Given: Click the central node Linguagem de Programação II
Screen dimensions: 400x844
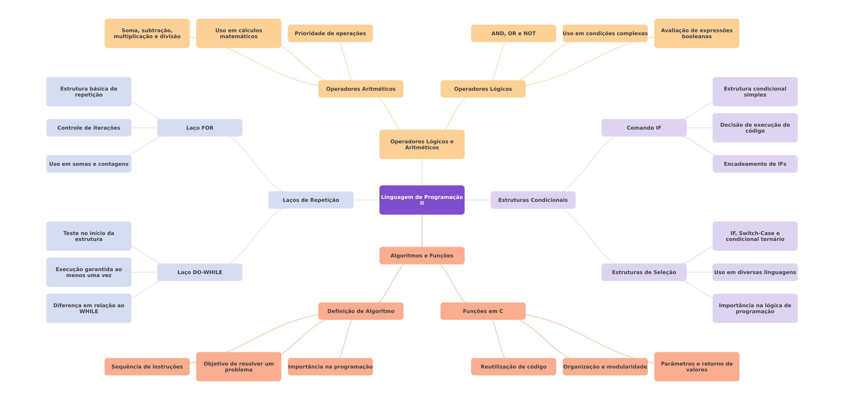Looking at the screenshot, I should [422, 200].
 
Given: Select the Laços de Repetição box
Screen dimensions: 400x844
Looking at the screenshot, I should [311, 200].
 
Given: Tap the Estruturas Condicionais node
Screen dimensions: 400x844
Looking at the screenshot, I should [533, 200].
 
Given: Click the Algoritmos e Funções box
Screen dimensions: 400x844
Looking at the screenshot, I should [422, 256].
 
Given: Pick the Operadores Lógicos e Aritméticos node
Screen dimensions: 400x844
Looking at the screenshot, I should [422, 144].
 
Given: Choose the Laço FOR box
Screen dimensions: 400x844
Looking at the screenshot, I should [200, 128].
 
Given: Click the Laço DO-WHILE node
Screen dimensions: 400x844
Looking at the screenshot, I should [200, 272].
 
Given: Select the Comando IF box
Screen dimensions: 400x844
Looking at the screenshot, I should [644, 128].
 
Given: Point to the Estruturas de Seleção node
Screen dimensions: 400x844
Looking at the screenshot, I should [644, 272].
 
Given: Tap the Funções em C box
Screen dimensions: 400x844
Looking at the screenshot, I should [483, 311].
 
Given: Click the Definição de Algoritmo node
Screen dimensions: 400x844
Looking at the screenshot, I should [361, 311].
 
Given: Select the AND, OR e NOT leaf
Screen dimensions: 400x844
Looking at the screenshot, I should [513, 33].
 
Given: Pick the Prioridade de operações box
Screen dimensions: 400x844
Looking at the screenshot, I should [330, 33].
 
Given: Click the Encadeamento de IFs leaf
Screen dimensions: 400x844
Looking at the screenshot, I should [755, 164].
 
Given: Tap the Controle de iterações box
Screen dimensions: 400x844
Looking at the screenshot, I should [88, 128].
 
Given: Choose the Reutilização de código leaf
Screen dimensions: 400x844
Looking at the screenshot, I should [513, 367].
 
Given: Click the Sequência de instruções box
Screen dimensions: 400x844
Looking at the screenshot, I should [147, 367].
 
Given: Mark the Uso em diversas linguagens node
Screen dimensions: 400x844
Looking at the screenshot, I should [755, 272].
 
